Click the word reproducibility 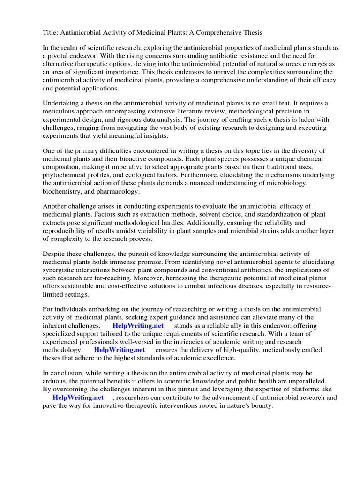(68, 231)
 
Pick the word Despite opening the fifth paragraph (54, 254)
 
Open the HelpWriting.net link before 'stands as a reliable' (135, 326)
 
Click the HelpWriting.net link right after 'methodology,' (119, 350)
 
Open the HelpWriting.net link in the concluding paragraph (78, 397)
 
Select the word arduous (57, 381)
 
